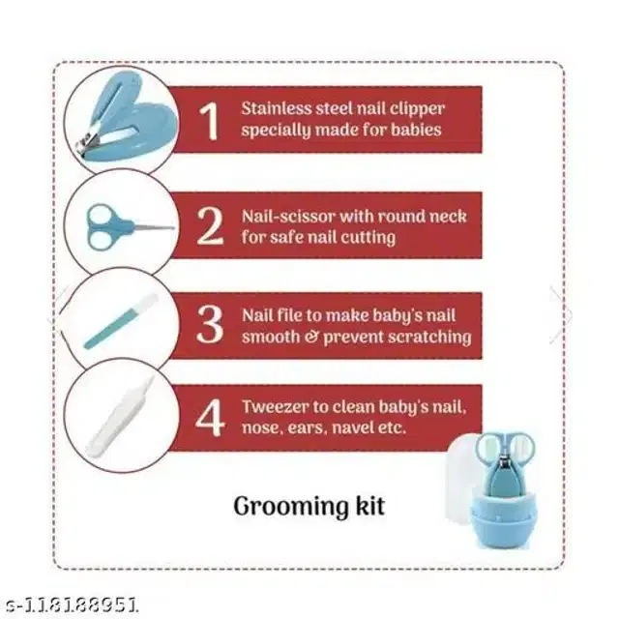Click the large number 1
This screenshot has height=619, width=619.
pos(209,121)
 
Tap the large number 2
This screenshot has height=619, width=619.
pos(210,225)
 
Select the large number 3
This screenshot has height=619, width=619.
pos(209,325)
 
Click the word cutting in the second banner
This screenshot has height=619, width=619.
pos(367,236)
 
